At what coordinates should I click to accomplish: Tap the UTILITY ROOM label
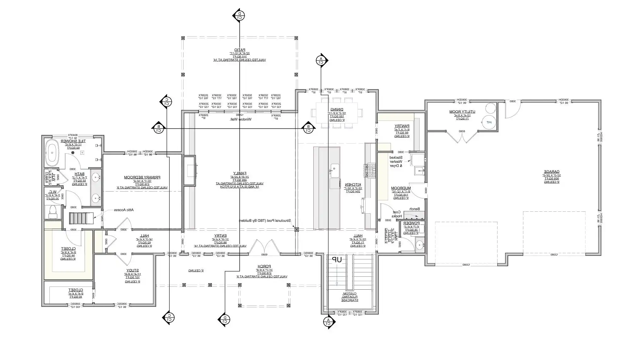tap(462, 112)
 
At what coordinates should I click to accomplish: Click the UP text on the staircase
tap(337, 260)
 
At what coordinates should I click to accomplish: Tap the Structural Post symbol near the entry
tap(296, 230)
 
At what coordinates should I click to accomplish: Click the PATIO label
tap(240, 50)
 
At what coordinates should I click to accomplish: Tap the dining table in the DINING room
tap(337, 113)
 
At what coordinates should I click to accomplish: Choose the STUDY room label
tap(132, 270)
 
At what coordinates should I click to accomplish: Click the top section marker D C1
tap(239, 15)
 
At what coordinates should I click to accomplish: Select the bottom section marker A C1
tap(328, 322)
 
